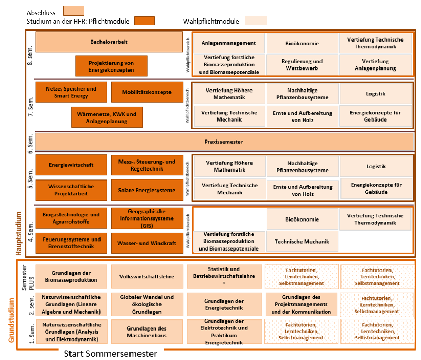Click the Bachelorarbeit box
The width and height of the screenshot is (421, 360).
point(109,42)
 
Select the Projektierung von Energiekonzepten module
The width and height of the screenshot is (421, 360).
point(111,66)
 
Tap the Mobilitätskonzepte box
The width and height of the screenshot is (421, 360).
point(147,92)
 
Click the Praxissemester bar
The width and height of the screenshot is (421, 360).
point(224,142)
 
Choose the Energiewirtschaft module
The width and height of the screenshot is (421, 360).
point(71,165)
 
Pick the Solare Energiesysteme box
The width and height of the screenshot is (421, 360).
point(147,190)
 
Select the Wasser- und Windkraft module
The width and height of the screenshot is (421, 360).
point(147,244)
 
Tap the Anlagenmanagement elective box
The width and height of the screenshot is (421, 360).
point(228,43)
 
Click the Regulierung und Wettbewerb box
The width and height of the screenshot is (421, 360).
point(302,65)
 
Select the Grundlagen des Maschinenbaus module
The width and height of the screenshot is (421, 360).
point(147,332)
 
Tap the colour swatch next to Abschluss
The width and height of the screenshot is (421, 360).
point(73,11)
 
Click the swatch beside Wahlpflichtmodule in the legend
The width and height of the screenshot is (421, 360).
point(256,21)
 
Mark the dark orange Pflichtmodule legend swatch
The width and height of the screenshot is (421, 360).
point(144,21)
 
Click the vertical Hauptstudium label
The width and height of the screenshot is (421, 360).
point(17,233)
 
